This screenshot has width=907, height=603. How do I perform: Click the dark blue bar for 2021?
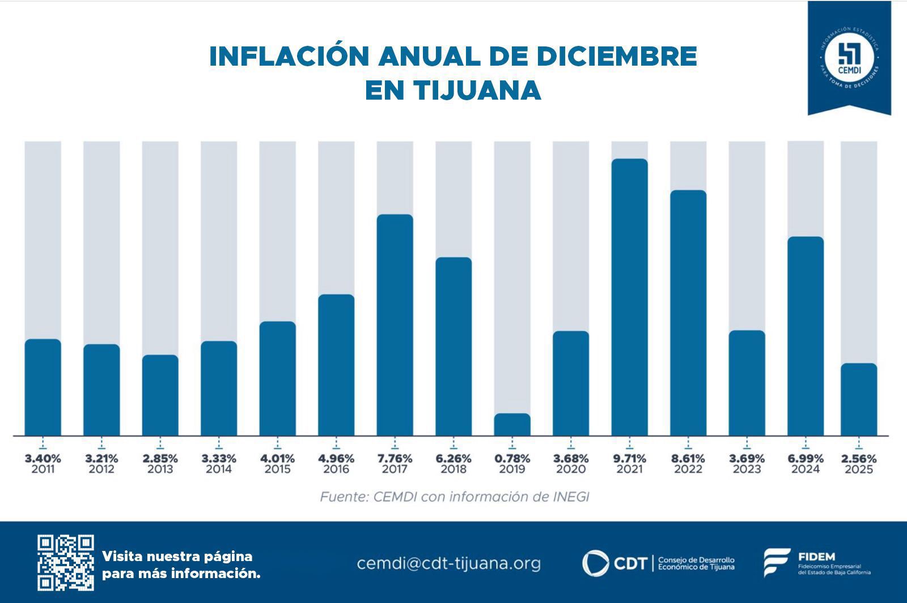tap(629, 297)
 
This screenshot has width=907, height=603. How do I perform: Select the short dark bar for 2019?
tap(512, 425)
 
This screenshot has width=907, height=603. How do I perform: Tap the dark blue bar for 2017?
tap(395, 325)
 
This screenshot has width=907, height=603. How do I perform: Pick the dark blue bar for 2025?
tap(858, 399)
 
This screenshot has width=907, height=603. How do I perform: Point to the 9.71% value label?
tap(629, 458)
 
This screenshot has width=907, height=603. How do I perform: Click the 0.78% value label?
tap(512, 458)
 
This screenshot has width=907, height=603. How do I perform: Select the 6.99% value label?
tap(806, 458)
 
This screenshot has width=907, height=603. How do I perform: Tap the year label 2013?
tap(160, 469)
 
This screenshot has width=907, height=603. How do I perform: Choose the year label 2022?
tap(688, 469)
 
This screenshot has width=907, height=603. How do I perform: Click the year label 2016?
tap(336, 469)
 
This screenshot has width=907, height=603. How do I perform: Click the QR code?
tap(66, 562)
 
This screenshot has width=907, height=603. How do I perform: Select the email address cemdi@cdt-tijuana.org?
tap(448, 563)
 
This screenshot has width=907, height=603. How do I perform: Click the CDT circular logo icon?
tap(595, 563)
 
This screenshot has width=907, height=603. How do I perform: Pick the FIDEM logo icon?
tap(776, 562)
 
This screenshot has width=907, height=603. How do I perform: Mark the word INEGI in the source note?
tap(570, 497)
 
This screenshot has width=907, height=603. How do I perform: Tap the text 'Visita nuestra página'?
tap(177, 556)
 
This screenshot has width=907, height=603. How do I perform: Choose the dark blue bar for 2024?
tap(806, 336)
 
